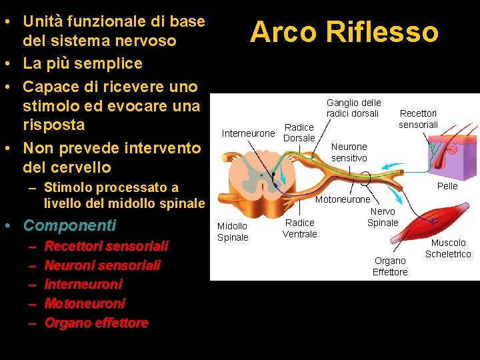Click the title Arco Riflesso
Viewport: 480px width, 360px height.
(x=344, y=31)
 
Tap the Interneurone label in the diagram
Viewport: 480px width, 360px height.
(x=248, y=133)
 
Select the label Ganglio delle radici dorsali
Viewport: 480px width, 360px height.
(x=353, y=108)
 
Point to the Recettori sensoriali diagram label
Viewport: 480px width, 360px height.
(x=418, y=119)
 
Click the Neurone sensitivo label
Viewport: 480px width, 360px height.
(x=349, y=152)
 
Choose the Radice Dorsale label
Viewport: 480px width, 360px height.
(x=299, y=133)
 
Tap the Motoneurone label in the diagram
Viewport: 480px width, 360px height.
(x=342, y=199)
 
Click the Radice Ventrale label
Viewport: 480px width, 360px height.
(x=299, y=228)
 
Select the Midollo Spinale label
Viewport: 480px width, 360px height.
(x=233, y=231)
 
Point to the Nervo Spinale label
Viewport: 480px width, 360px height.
(x=383, y=217)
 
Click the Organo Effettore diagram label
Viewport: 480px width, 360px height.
(x=390, y=266)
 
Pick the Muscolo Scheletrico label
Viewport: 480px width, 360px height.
(x=447, y=248)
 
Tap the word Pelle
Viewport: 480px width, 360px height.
(x=447, y=186)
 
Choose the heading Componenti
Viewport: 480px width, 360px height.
(x=69, y=225)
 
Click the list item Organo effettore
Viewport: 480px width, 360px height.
(x=96, y=323)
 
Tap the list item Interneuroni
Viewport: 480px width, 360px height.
(x=83, y=284)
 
